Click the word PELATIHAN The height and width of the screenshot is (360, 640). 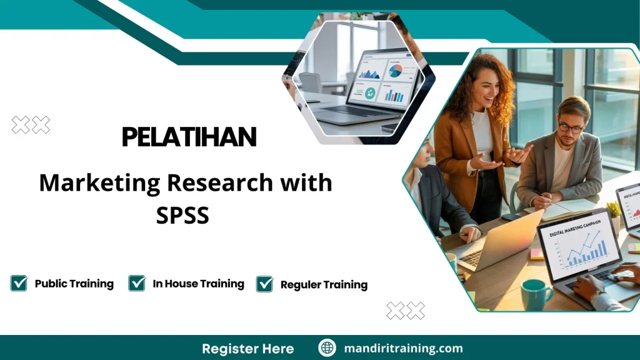[x=189, y=137]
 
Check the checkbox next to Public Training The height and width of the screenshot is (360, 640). [x=19, y=283]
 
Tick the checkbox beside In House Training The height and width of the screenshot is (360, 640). [x=137, y=283]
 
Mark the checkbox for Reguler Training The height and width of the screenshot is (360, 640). [x=264, y=284]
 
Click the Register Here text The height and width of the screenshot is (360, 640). [x=247, y=348]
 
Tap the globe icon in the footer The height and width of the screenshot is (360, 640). [x=327, y=348]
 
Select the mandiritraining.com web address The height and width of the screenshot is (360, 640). [x=403, y=348]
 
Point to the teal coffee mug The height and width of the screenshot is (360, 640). [x=536, y=294]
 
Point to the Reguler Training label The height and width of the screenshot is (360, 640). [x=324, y=284]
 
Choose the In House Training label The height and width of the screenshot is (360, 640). [x=198, y=284]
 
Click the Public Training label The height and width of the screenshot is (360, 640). [x=74, y=284]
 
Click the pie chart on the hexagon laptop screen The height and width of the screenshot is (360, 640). [x=395, y=70]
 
